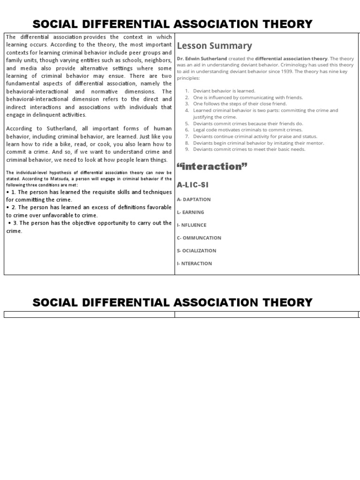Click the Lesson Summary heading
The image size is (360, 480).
coord(215,46)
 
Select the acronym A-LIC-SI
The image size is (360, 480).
coord(193,185)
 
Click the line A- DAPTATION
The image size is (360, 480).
coord(194,199)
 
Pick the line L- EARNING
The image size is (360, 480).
coord(190,212)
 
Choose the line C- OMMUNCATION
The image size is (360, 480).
coord(199,238)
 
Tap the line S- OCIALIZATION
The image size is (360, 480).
coord(196,250)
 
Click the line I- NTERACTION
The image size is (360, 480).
coord(194,263)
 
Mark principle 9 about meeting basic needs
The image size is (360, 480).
coord(249,149)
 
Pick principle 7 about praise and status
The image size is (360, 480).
coord(255,136)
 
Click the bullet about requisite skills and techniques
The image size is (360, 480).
coord(89,195)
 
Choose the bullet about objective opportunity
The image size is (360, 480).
coord(89,226)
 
